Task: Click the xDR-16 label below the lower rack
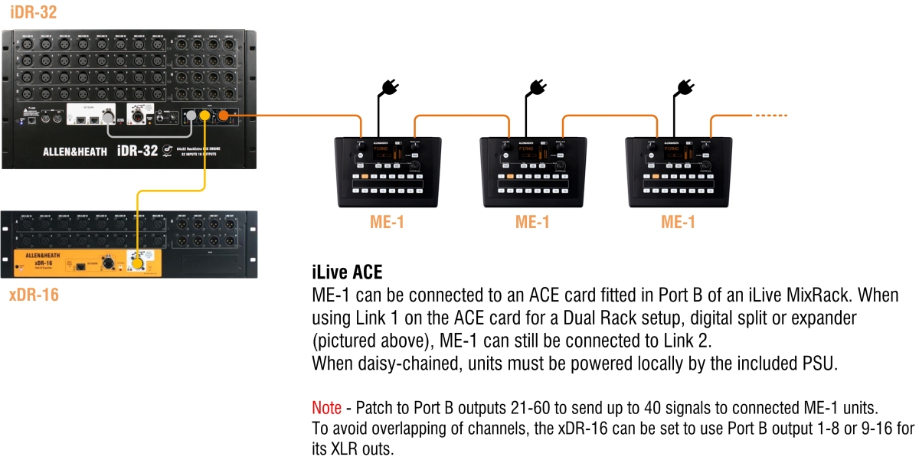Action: (34, 295)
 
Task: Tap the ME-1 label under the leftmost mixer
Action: (388, 223)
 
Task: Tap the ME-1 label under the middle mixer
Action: (532, 223)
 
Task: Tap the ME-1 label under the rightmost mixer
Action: (679, 223)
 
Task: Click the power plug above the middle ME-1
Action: (534, 86)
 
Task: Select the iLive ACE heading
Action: (346, 273)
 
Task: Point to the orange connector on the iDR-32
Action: (224, 116)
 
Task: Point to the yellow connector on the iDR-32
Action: (205, 116)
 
